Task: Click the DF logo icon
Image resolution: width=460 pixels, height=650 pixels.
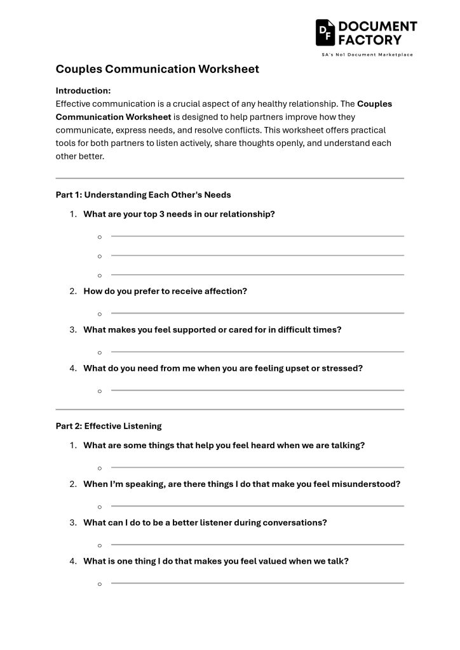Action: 326,32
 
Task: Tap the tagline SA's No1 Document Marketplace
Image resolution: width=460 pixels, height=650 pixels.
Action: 367,55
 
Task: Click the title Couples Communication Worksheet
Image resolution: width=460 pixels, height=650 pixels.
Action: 157,69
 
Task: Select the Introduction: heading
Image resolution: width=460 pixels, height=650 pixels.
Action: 83,90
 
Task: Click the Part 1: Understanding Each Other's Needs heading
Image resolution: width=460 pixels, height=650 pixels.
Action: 143,195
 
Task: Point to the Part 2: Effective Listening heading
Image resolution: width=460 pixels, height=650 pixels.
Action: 109,426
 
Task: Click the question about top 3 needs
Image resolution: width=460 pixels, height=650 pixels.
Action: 179,214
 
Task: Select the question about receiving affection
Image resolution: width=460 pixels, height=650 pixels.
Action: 165,291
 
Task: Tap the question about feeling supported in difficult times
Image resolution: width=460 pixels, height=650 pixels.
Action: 212,330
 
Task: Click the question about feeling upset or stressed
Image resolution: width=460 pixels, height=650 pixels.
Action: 222,368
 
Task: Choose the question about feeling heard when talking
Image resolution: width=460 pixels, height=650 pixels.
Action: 224,446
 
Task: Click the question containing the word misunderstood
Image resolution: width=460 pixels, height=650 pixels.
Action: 241,484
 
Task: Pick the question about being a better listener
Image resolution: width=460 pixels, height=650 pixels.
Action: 205,523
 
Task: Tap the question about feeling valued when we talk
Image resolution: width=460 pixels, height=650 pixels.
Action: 216,561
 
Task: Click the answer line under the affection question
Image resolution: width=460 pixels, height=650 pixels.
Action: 257,313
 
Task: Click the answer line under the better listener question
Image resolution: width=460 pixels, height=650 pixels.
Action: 257,545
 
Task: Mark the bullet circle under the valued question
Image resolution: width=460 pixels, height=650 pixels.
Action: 100,584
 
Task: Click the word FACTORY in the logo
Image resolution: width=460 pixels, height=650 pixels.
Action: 370,39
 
